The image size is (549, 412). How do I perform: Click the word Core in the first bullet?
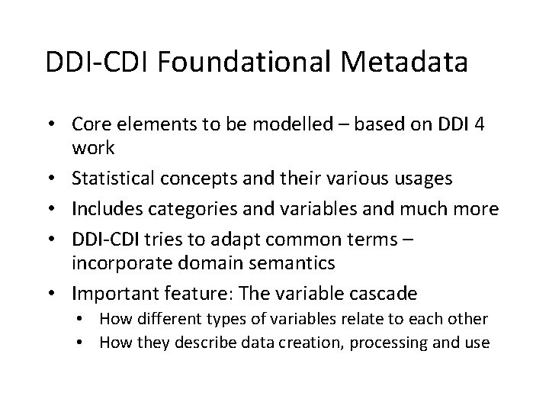coord(91,124)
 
